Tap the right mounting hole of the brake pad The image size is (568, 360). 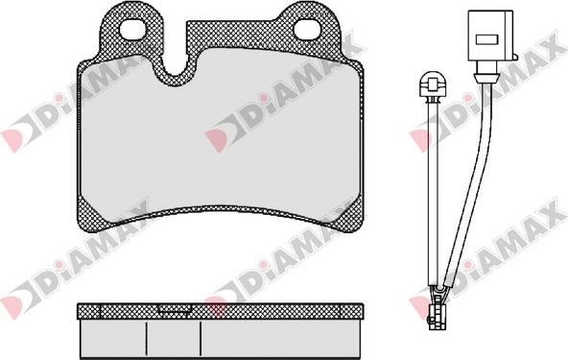click(x=309, y=30)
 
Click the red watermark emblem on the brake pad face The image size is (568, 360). click(x=219, y=136)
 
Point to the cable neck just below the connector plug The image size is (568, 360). click(x=483, y=71)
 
